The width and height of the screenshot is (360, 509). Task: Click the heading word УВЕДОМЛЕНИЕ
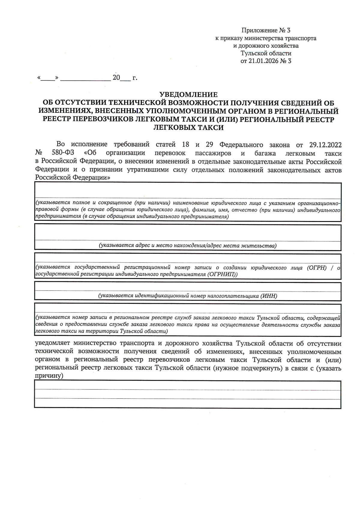[x=188, y=95]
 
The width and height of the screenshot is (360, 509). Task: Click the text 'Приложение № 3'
[x=266, y=30]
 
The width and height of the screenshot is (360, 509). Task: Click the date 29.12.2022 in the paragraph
[x=325, y=145]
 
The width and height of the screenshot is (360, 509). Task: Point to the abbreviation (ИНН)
[x=269, y=296]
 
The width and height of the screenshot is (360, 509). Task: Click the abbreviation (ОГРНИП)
[x=222, y=274]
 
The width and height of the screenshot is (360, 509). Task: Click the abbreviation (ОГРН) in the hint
[x=316, y=268]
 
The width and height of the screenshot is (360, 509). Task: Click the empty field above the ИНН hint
[x=187, y=287]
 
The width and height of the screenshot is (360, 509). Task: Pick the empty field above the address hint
[x=187, y=233]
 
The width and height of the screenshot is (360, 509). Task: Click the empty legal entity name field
[x=187, y=191]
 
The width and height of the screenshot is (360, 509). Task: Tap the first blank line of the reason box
[x=187, y=386]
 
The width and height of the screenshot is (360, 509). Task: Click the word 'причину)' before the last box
[x=49, y=376]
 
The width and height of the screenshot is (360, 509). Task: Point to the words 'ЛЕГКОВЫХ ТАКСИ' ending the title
[x=188, y=128]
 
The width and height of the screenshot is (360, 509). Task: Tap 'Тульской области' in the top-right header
[x=266, y=53]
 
